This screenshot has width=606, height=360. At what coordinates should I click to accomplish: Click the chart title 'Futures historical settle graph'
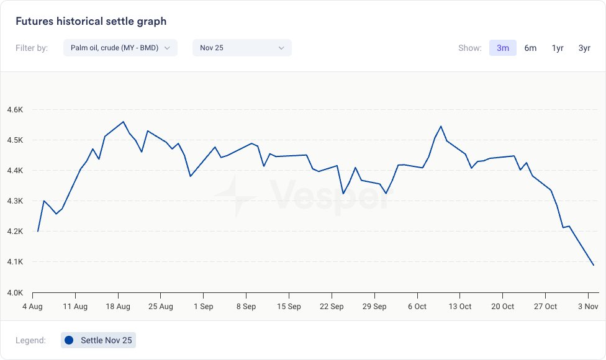(91, 21)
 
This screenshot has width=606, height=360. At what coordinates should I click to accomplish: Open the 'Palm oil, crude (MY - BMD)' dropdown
(120, 48)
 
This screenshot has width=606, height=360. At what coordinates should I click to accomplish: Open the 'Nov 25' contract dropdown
(242, 48)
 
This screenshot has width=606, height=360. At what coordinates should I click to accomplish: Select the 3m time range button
(503, 48)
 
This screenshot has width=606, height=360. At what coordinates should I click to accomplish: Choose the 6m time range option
(530, 48)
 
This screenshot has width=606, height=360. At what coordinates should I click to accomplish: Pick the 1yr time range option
(558, 48)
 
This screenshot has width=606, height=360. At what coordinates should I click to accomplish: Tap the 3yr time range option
(584, 48)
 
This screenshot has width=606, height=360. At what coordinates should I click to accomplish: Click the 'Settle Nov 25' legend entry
(99, 340)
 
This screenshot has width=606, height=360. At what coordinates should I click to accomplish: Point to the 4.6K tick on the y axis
(15, 110)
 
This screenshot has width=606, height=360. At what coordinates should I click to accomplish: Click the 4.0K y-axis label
(15, 292)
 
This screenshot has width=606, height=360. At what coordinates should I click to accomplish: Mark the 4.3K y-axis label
(15, 201)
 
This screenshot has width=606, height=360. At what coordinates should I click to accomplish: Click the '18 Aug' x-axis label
(118, 307)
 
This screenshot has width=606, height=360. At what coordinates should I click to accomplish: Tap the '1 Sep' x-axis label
(203, 307)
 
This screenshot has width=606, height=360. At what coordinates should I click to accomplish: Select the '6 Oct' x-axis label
(417, 307)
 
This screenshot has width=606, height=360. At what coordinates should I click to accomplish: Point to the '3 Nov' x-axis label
(587, 307)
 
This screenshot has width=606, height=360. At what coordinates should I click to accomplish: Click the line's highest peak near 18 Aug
(124, 122)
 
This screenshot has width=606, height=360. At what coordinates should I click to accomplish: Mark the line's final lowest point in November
(594, 265)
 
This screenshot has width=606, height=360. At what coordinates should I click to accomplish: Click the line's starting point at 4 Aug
(38, 231)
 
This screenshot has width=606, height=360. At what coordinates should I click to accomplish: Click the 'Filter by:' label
(32, 48)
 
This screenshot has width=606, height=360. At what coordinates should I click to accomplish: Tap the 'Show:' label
(469, 48)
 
